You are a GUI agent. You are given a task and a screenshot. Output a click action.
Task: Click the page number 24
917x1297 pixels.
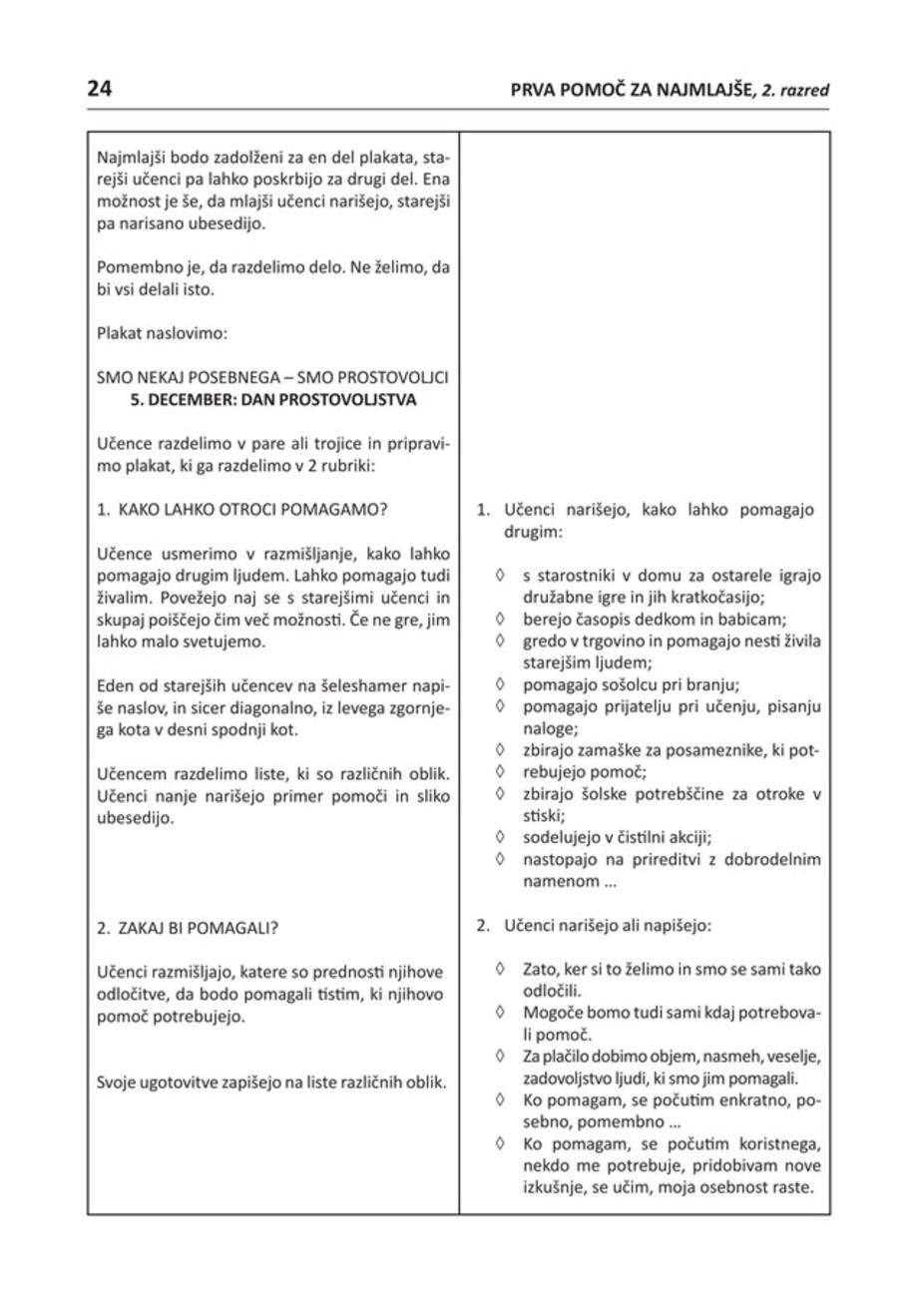coord(100,89)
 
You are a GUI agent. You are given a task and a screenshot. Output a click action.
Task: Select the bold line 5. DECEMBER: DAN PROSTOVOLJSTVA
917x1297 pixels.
coord(270,401)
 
